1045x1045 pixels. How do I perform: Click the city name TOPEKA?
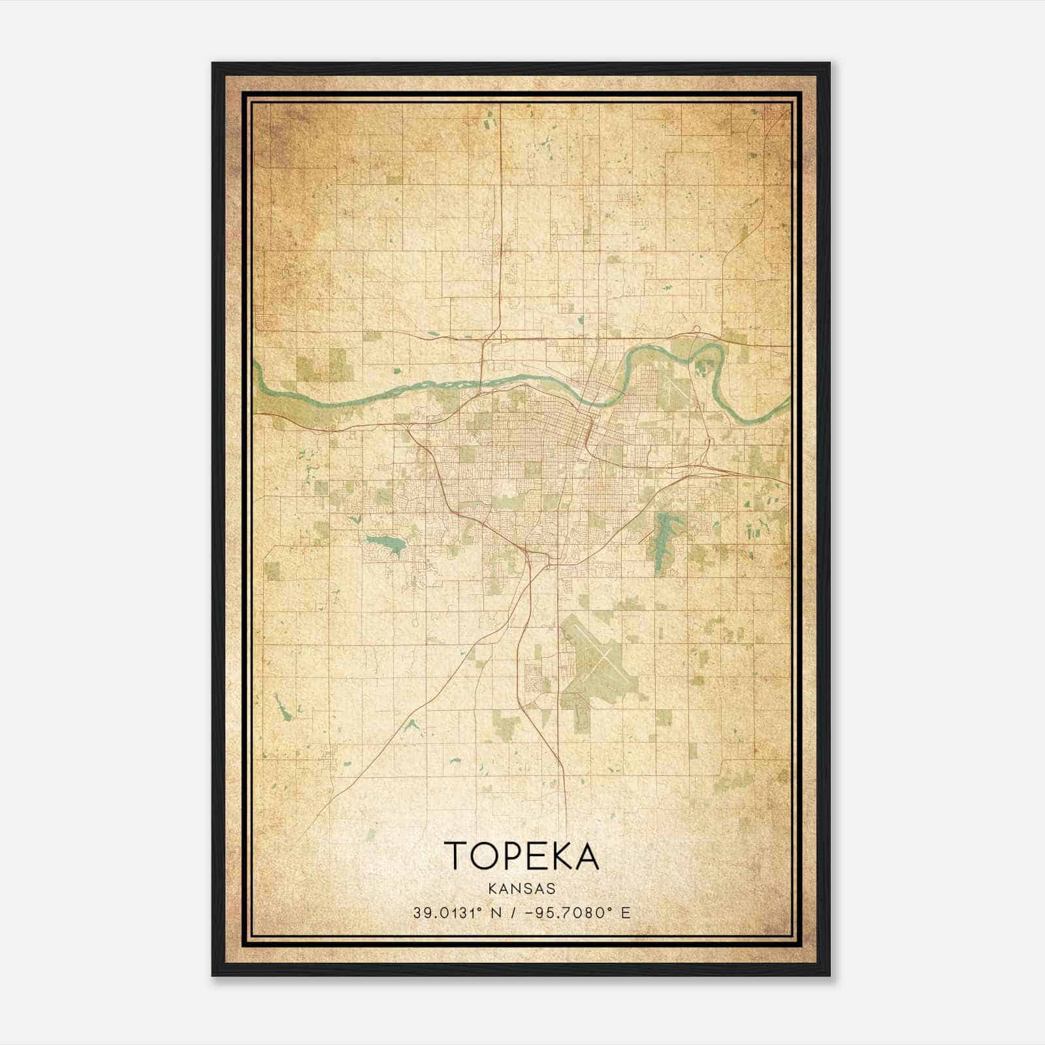(521, 855)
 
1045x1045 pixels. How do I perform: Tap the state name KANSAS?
(521, 889)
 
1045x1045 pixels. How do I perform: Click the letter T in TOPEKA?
(456, 855)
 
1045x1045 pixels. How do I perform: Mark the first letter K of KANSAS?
(491, 889)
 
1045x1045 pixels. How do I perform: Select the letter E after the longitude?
(626, 912)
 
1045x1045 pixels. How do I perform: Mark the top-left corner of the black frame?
(213, 63)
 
